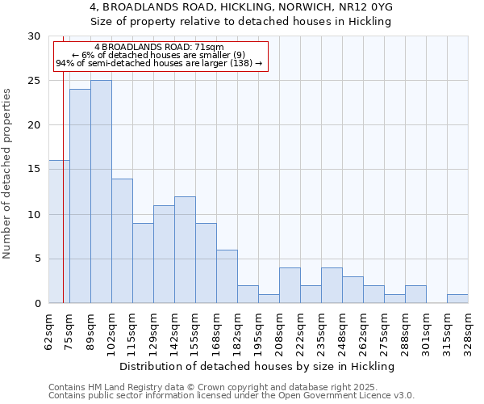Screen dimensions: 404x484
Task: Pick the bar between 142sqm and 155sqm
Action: [x=185, y=250]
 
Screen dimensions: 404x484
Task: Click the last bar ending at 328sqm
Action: [x=457, y=299]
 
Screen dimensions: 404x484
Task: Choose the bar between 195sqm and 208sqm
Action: [x=269, y=299]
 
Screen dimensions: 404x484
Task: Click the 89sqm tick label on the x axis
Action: [x=90, y=330]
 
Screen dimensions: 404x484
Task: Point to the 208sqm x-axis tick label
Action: [x=279, y=332]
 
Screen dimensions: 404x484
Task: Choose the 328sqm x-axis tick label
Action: [x=468, y=332]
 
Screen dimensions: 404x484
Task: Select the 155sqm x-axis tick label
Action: [x=195, y=332]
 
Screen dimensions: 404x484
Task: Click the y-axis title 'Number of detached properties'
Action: [x=8, y=173]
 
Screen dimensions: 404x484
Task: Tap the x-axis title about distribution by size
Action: [x=258, y=366]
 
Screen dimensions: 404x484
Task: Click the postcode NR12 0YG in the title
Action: [x=372, y=7]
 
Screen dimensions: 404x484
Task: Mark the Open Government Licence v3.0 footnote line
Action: [x=232, y=396]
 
